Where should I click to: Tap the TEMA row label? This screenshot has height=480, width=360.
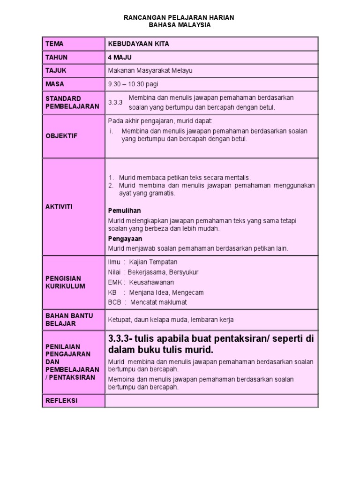(54, 44)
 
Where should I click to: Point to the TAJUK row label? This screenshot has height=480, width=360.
(56, 70)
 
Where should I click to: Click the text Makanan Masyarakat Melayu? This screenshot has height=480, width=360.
(150, 71)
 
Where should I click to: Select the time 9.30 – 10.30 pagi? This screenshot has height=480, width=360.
(133, 84)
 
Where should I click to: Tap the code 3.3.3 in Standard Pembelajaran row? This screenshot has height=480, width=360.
(115, 103)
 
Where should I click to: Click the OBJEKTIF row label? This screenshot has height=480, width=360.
(61, 135)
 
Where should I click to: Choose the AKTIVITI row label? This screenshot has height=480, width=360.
(59, 206)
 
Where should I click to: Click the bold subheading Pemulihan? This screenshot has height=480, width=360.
(124, 210)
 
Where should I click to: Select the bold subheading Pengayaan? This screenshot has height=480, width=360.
(125, 238)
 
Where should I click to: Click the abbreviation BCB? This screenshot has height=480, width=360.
(114, 302)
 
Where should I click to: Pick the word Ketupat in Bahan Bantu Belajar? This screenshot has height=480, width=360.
(120, 320)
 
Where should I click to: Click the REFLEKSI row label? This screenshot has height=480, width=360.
(61, 401)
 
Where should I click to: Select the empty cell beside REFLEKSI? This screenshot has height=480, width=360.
(211, 401)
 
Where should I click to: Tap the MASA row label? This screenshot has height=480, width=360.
(54, 84)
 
